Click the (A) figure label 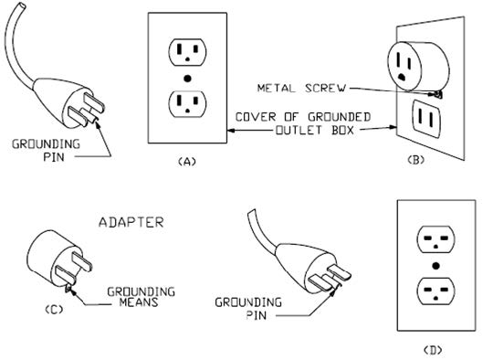click(x=187, y=162)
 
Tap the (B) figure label click(x=415, y=160)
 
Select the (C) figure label click(x=54, y=310)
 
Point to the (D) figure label click(x=433, y=350)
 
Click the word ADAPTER click(x=131, y=222)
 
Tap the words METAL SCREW click(x=301, y=88)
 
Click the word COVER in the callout click(x=257, y=117)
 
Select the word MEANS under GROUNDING click(x=139, y=302)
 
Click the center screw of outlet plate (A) click(x=187, y=79)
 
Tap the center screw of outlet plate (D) click(x=435, y=266)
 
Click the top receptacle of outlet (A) click(x=187, y=52)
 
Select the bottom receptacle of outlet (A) click(x=187, y=104)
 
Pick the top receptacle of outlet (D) click(x=435, y=240)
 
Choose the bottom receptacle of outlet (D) click(x=435, y=291)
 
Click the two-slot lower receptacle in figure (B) click(x=426, y=119)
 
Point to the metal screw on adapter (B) click(x=438, y=94)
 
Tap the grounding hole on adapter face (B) click(x=401, y=77)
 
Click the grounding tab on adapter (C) click(x=68, y=288)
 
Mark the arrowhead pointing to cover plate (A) click(x=231, y=130)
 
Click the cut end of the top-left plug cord click(x=21, y=6)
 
